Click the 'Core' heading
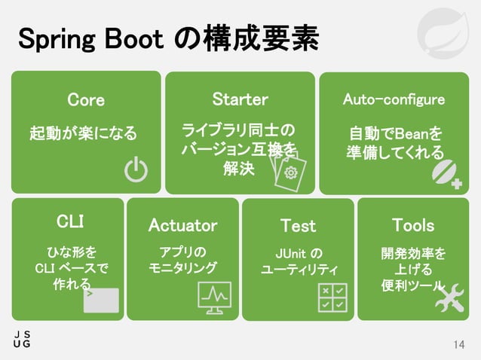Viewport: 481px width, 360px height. click(x=86, y=100)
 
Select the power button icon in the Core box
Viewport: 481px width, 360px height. click(x=136, y=171)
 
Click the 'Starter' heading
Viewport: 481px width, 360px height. click(x=240, y=100)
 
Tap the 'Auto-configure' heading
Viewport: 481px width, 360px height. click(x=394, y=100)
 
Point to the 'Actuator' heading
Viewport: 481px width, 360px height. click(x=182, y=225)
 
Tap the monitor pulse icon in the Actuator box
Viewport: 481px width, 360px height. click(x=214, y=297)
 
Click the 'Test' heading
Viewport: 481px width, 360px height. click(x=298, y=225)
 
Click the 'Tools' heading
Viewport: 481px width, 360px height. click(x=413, y=225)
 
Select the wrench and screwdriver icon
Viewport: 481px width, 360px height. click(x=449, y=297)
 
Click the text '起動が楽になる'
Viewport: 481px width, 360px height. click(x=83, y=134)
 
